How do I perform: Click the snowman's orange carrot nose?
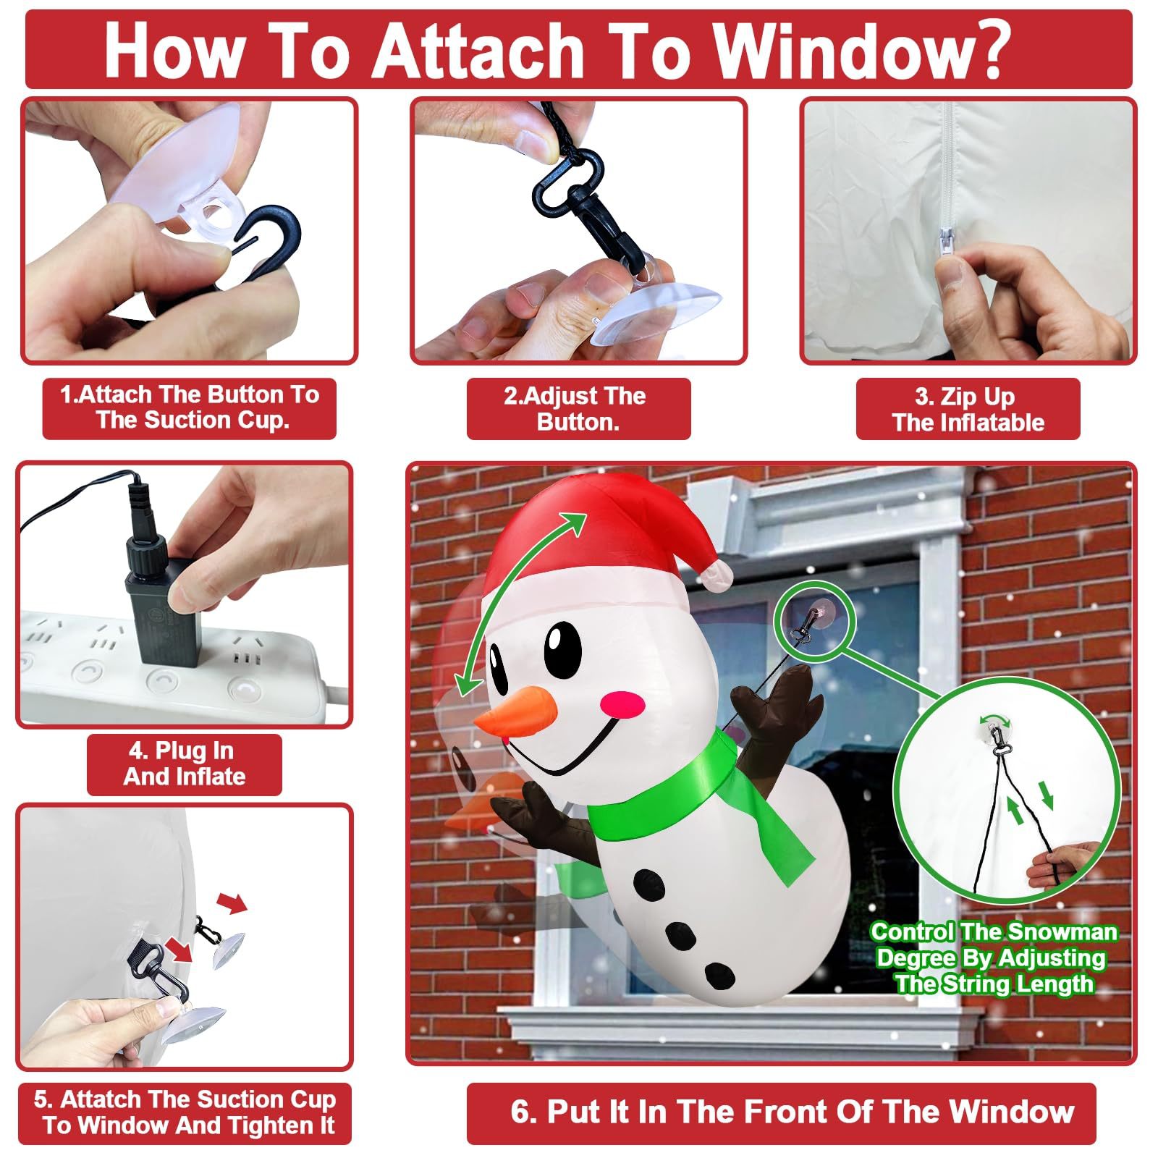[515, 713]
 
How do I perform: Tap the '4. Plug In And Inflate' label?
[184, 764]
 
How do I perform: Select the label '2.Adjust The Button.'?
[578, 409]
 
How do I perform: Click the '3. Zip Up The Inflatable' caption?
[968, 409]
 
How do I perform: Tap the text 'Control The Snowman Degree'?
[993, 944]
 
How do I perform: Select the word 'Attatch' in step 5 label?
[101, 1099]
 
